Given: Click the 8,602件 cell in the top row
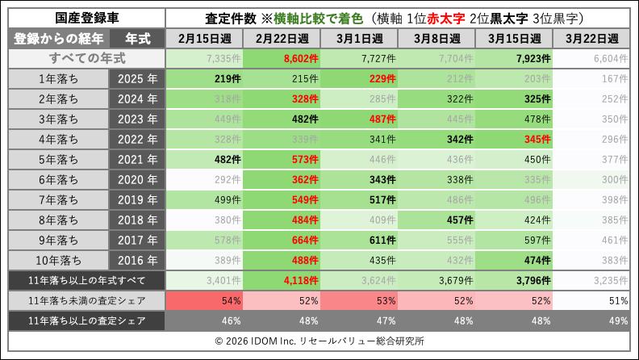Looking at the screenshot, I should pyautogui.click(x=282, y=59).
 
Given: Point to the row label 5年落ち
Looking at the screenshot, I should pyautogui.click(x=58, y=159).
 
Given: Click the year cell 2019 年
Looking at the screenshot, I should pyautogui.click(x=137, y=199).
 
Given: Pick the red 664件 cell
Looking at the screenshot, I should pyautogui.click(x=282, y=240).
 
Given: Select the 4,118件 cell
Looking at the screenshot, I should pyautogui.click(x=282, y=280).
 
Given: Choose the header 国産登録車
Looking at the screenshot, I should pyautogui.click(x=84, y=17).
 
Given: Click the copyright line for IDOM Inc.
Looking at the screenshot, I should pyautogui.click(x=319, y=341).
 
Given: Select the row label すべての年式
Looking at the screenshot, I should pyautogui.click(x=84, y=59).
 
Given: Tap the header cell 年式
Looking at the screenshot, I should pyautogui.click(x=137, y=38).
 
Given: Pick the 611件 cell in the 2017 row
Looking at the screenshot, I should pyautogui.click(x=360, y=240).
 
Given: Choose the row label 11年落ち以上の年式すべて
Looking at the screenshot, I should pyautogui.click(x=84, y=280).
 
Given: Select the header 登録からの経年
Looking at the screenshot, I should pyautogui.click(x=58, y=38).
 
